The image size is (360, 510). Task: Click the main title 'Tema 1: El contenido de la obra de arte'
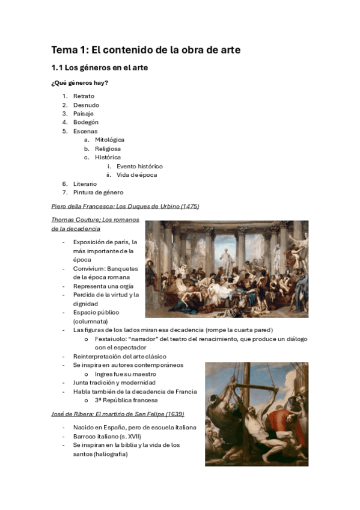(x=145, y=50)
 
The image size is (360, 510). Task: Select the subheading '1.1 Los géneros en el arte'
(x=99, y=68)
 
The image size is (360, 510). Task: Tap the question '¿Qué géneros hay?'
(x=79, y=83)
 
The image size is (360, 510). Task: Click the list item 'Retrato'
(x=84, y=96)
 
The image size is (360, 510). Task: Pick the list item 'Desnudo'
(x=86, y=105)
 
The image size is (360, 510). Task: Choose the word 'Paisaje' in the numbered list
(x=84, y=114)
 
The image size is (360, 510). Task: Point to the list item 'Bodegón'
(x=86, y=122)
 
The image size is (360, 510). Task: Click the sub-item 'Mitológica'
(x=109, y=140)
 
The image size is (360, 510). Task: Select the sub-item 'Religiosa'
(x=108, y=149)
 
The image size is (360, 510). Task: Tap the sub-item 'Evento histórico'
(x=139, y=166)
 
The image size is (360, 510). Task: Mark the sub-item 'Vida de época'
(x=137, y=175)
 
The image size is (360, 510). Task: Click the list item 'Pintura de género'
(x=98, y=192)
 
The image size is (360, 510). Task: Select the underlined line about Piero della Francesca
(x=125, y=206)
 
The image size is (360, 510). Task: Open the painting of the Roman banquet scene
(x=227, y=269)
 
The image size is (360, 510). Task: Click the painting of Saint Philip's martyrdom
(x=257, y=414)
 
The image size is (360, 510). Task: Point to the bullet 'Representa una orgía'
(x=103, y=286)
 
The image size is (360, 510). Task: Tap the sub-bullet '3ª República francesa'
(x=126, y=400)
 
